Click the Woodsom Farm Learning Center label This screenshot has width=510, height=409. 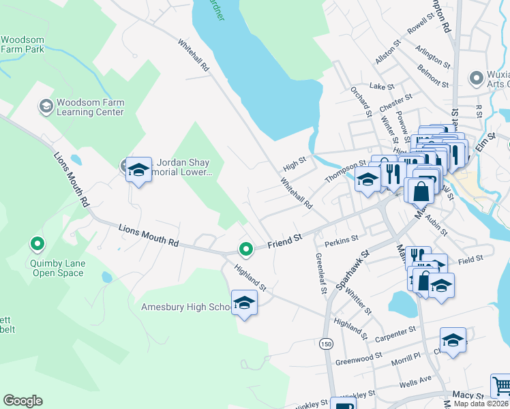(90, 107)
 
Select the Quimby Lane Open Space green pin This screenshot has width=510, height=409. (37, 243)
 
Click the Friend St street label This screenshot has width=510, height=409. (284, 241)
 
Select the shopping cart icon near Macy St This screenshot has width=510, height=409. (501, 385)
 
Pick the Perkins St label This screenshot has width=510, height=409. (342, 239)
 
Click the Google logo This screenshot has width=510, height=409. (22, 401)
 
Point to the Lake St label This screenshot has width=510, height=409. (382, 87)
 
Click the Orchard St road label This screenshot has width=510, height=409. (361, 102)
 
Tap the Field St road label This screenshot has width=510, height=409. (470, 259)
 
